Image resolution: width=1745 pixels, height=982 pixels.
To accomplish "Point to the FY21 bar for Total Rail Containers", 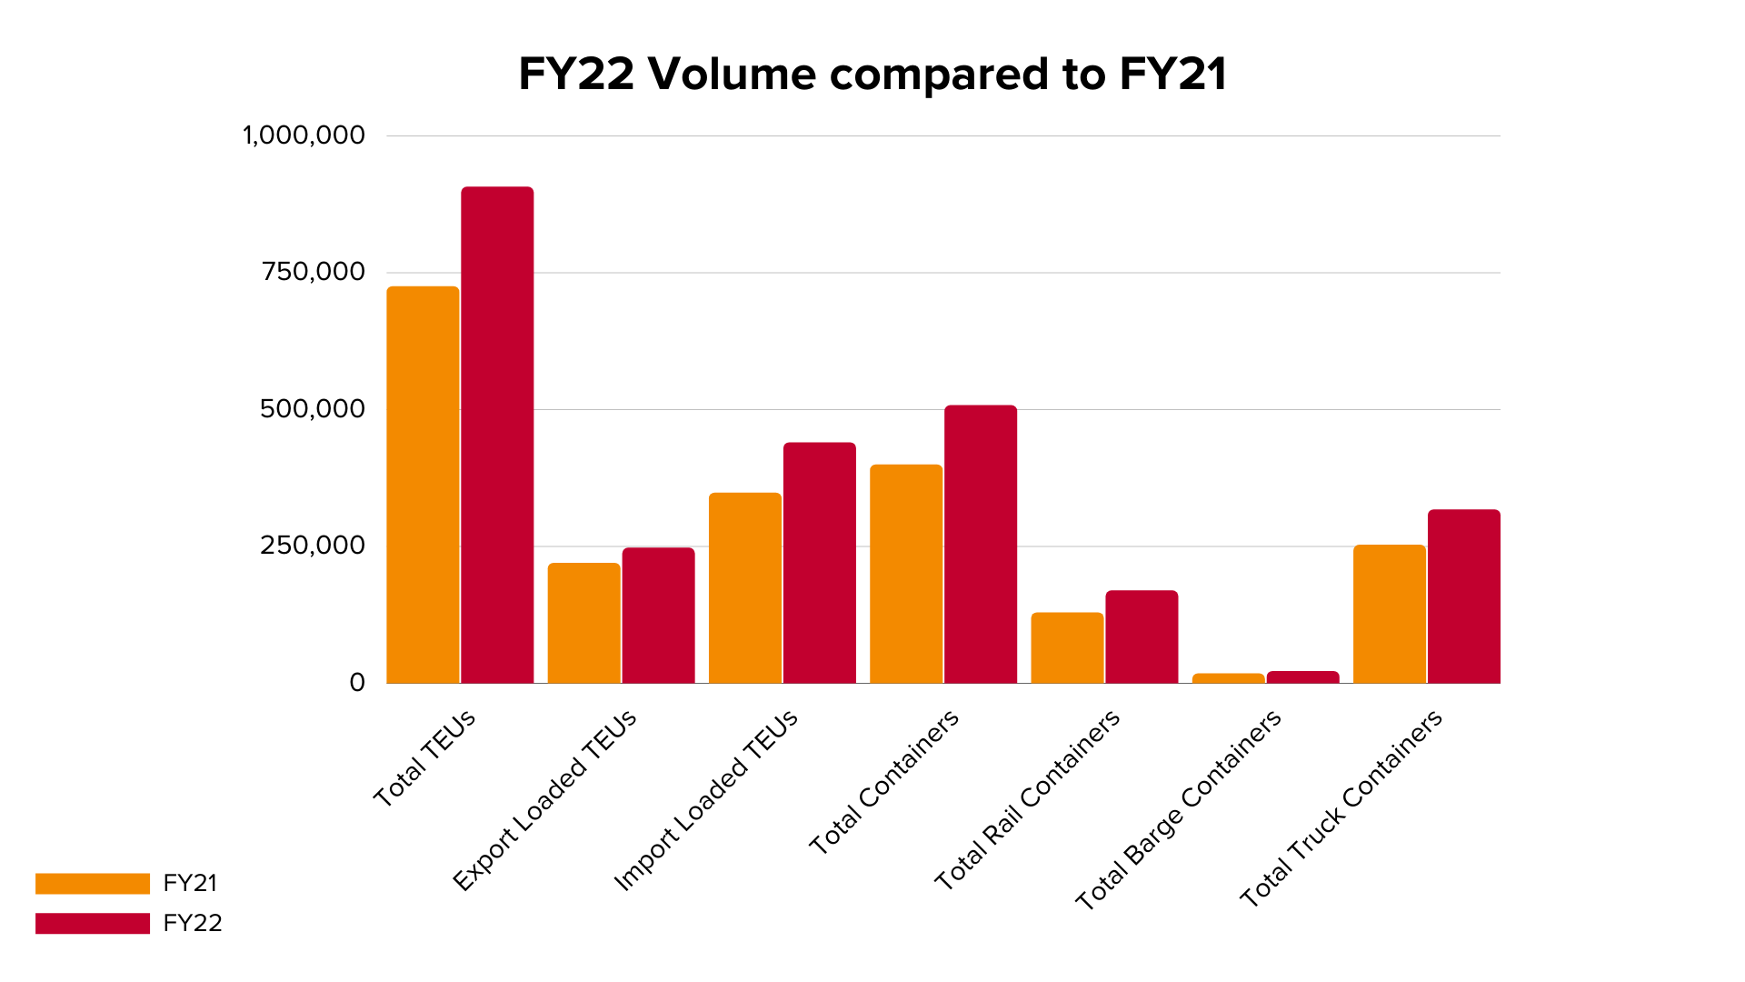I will pyautogui.click(x=1067, y=647).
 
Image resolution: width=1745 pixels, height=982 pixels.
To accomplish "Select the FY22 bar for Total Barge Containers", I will pyautogui.click(x=1302, y=677).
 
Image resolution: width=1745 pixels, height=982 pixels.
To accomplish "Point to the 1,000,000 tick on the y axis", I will pyautogui.click(x=304, y=135).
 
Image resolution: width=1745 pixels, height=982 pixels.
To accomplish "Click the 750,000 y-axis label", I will pyautogui.click(x=313, y=272).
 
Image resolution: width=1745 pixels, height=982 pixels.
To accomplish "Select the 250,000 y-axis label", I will pyautogui.click(x=313, y=546).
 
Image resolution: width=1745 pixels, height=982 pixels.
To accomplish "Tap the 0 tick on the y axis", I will pyautogui.click(x=357, y=683).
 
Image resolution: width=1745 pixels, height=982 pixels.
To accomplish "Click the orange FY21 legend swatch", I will pyautogui.click(x=93, y=883).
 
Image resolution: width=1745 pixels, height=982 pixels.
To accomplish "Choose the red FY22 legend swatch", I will pyautogui.click(x=93, y=923).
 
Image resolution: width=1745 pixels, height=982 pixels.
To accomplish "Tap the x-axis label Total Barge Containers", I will pyautogui.click(x=1179, y=809).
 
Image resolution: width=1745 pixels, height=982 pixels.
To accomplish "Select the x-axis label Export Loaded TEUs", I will pyautogui.click(x=545, y=800).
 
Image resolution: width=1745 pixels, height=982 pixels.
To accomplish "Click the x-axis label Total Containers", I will pyautogui.click(x=884, y=782).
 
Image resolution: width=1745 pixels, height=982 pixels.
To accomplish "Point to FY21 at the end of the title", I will pyautogui.click(x=1172, y=75).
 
